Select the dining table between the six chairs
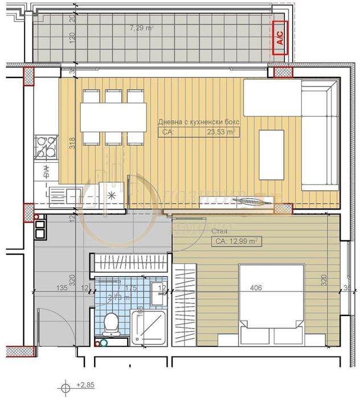click(113, 117)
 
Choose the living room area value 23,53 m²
click(222, 132)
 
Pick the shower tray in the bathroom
click(148, 328)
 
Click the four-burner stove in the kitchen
click(46, 146)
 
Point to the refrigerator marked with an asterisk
click(111, 194)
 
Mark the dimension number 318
click(72, 145)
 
